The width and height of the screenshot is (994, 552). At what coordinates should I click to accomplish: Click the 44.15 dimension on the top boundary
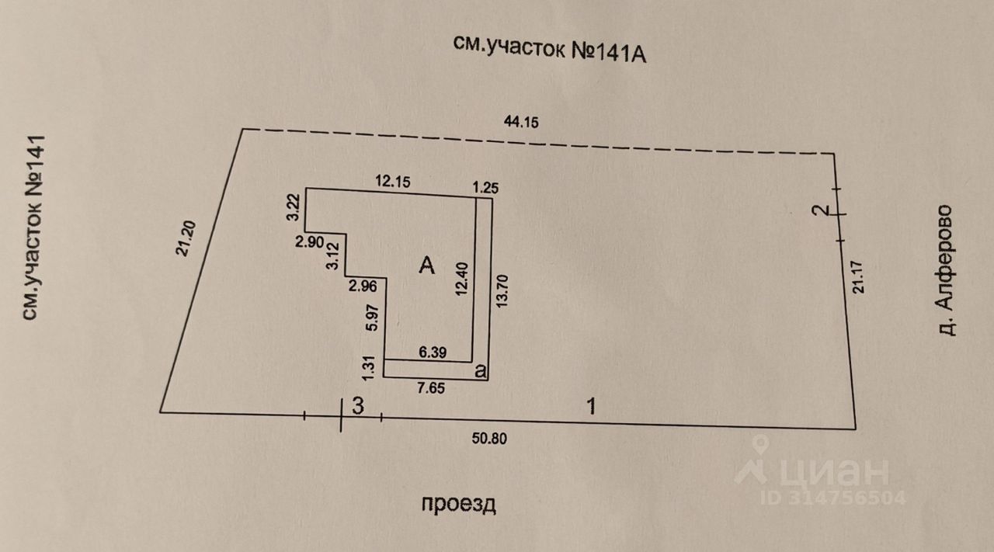(x=522, y=122)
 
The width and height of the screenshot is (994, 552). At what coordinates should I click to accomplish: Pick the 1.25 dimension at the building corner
(x=486, y=186)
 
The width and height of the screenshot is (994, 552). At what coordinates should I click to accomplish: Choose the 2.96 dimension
(x=363, y=286)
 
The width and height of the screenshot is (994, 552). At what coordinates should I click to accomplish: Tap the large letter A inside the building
(x=426, y=266)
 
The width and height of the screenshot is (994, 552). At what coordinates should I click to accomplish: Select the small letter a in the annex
(x=481, y=372)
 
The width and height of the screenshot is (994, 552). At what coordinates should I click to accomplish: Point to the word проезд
(x=458, y=504)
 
